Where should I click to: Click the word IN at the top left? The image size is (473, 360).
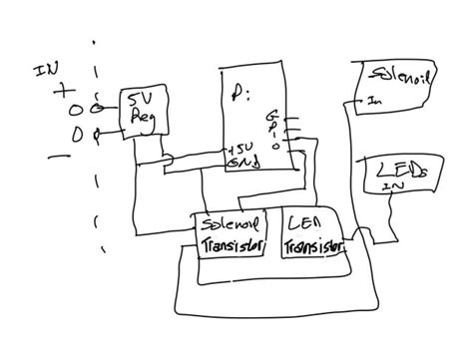pyautogui.click(x=46, y=71)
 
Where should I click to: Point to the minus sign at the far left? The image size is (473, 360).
pyautogui.click(x=60, y=156)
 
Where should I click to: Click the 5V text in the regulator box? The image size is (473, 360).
pyautogui.click(x=139, y=100)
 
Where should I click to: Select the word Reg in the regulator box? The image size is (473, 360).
pyautogui.click(x=140, y=118)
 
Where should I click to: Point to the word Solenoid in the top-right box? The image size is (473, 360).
pyautogui.click(x=399, y=76)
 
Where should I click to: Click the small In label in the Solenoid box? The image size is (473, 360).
pyautogui.click(x=373, y=100)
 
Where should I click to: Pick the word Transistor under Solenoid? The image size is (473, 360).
pyautogui.click(x=234, y=245)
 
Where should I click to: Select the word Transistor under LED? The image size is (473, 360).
pyautogui.click(x=312, y=245)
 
